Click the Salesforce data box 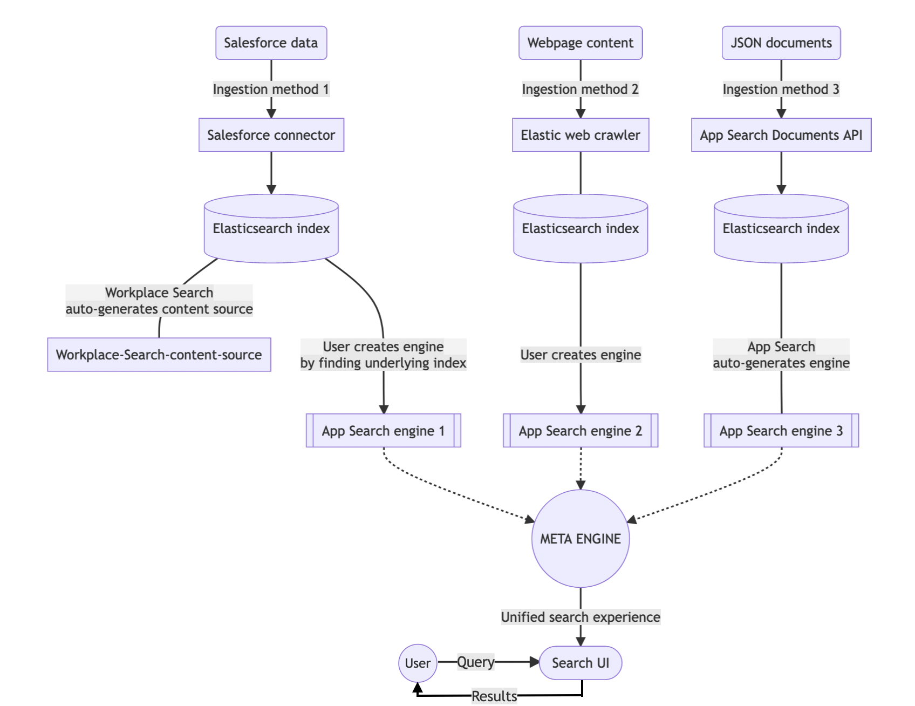point(271,43)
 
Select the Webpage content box point(580,43)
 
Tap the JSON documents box point(781,43)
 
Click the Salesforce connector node point(271,135)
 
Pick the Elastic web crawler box point(580,135)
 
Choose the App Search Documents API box point(781,135)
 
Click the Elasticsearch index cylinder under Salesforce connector point(271,229)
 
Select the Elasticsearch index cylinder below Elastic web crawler point(580,229)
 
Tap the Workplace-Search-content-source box point(159,355)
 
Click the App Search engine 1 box point(383,431)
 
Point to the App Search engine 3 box point(781,431)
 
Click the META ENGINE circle point(580,539)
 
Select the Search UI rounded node point(580,663)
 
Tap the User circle point(418,663)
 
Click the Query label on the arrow point(475,662)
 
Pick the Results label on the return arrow point(494,696)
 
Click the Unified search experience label point(580,617)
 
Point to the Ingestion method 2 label point(580,89)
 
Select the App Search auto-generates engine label point(781,355)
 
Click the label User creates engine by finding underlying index point(383,355)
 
